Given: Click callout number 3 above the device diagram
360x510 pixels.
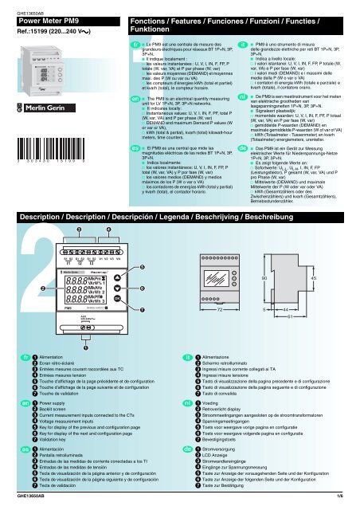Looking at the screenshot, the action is (78, 233).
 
